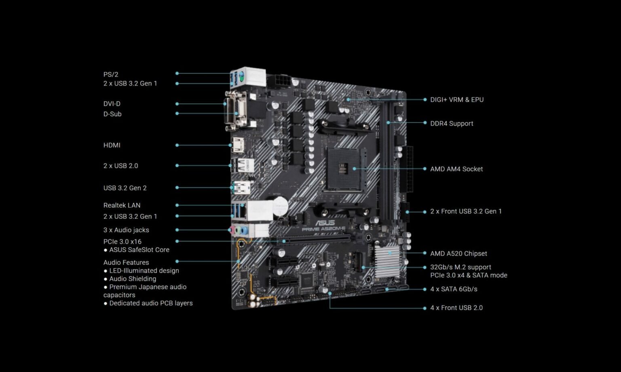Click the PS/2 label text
coord(111,74)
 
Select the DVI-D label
coord(112,104)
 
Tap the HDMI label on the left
coord(112,145)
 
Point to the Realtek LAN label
coord(122,205)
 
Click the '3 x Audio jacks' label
coord(126,230)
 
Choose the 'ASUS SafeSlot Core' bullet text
coord(139,250)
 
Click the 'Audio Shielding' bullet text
coord(133,279)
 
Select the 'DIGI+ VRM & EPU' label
coord(457,99)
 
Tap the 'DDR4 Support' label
coord(452,123)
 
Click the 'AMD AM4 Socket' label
coord(456,169)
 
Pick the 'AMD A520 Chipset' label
coord(458,253)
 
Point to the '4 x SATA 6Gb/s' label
coord(454,289)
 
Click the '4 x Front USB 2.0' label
coord(456,307)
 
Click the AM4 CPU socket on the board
coord(342,169)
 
